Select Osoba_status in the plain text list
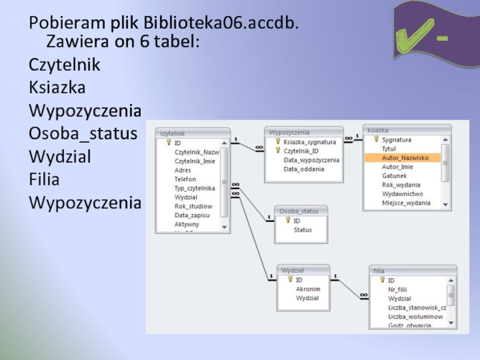83,133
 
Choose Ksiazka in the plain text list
57,88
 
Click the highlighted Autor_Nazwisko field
406,158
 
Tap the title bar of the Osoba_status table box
301,211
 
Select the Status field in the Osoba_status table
302,230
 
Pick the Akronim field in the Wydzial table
308,289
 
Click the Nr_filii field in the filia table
397,289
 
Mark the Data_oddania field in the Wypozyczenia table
304,169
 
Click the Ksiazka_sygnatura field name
310,142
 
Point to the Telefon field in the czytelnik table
185,179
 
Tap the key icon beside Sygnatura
376,139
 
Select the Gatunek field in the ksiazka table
394,176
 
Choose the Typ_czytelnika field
195,188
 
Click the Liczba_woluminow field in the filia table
415,316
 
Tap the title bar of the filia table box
413,271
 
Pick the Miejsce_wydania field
406,203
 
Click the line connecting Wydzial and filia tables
351,286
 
